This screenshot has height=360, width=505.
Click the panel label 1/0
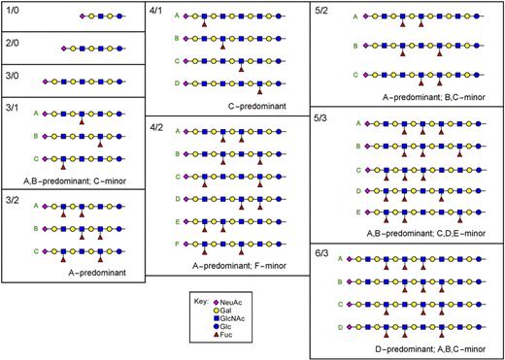[13, 11]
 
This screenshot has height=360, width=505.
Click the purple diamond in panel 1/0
[82, 16]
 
